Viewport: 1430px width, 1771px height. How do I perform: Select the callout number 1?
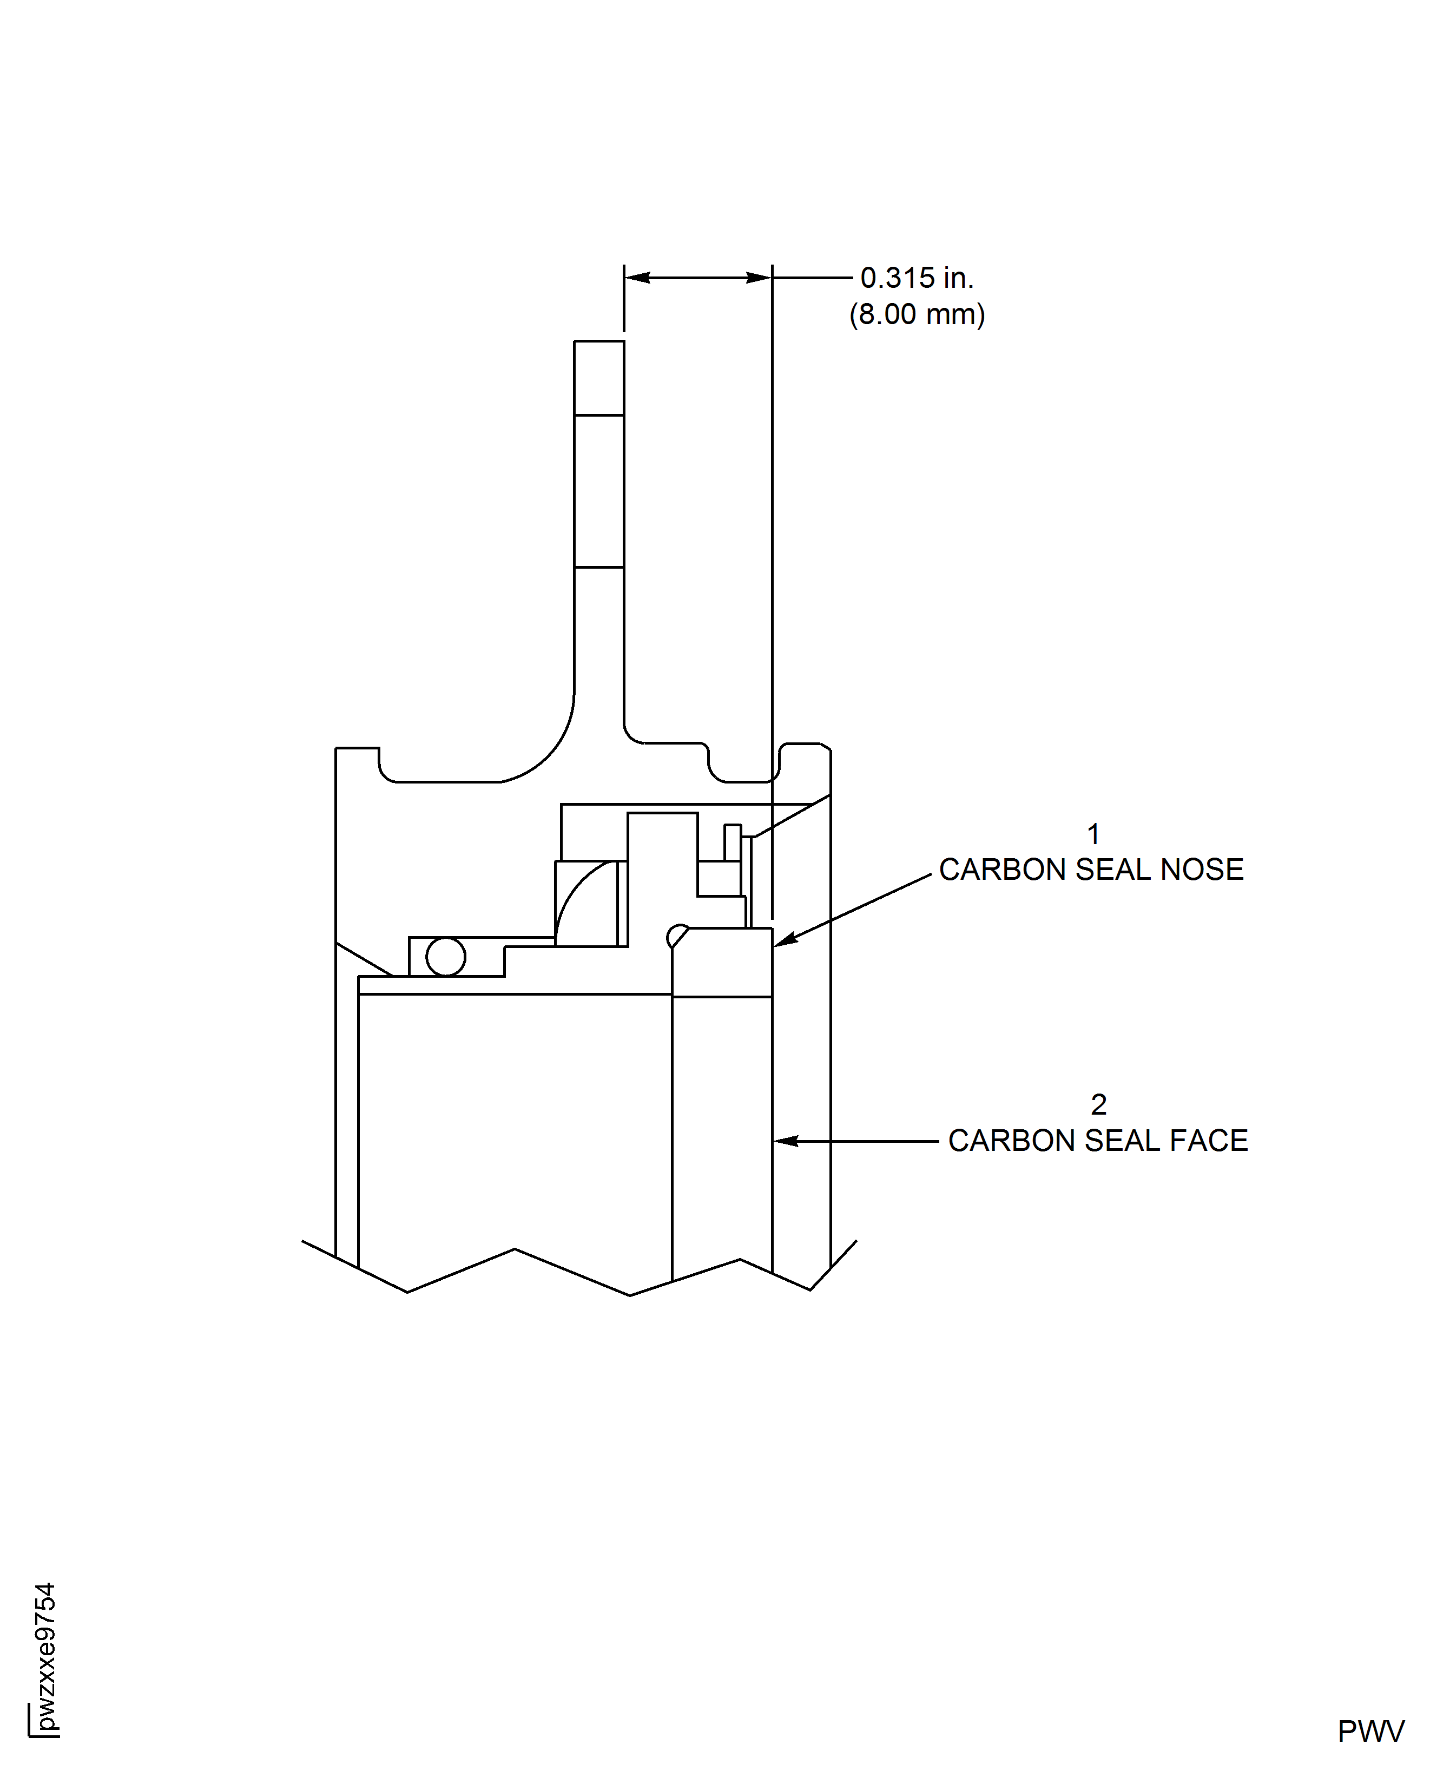pyautogui.click(x=1093, y=834)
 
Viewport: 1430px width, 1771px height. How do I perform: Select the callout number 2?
pyautogui.click(x=1098, y=1104)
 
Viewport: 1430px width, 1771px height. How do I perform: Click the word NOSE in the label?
pyautogui.click(x=1202, y=870)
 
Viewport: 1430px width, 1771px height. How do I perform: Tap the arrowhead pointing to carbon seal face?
pyautogui.click(x=784, y=1141)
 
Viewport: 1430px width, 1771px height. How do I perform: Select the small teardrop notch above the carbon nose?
pyautogui.click(x=676, y=935)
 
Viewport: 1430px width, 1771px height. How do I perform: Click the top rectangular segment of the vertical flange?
pyautogui.click(x=599, y=378)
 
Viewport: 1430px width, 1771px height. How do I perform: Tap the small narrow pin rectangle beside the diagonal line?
pyautogui.click(x=732, y=842)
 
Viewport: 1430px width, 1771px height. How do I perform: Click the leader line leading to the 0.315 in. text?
pyautogui.click(x=812, y=278)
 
